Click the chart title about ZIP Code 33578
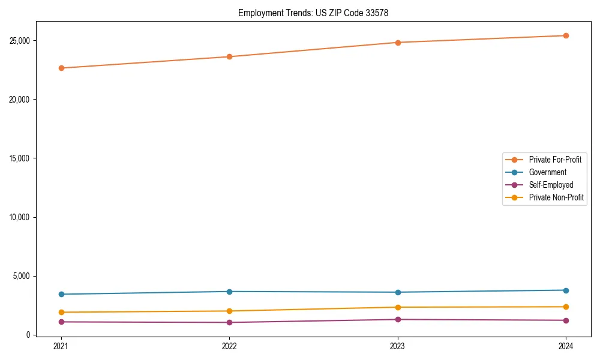point(313,13)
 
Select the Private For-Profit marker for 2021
point(61,68)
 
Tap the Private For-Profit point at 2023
point(398,43)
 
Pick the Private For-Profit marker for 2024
point(566,35)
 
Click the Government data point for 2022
point(229,292)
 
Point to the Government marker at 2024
point(566,290)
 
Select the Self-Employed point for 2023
point(398,319)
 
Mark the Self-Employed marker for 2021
point(61,322)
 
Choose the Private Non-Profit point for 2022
point(229,311)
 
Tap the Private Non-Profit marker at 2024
point(566,307)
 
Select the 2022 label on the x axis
point(229,346)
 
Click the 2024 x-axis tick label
point(566,346)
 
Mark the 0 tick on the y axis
point(28,335)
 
